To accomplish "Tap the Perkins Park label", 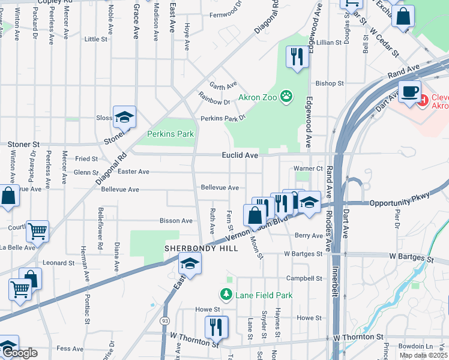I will point(171,134).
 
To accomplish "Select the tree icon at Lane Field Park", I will point(226,294).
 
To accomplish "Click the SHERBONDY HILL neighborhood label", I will point(190,248).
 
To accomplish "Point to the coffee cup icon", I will point(409,91).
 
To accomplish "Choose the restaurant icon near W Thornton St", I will point(216,327).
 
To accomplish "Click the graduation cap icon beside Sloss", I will point(124,117).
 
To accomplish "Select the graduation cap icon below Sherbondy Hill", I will point(190,264).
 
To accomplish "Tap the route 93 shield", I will point(164,322).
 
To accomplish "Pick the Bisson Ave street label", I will point(175,221).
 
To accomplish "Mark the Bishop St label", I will point(330,83).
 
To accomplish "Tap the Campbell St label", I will point(304,278).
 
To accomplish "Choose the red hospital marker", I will point(423,101).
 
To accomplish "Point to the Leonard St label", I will point(58,263).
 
